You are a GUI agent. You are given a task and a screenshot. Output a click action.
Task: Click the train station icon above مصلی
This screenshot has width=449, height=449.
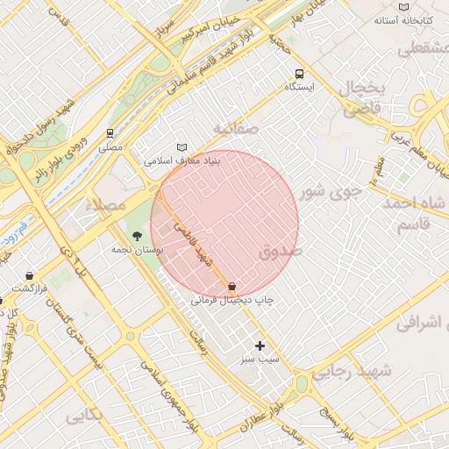pyautogui.click(x=110, y=134)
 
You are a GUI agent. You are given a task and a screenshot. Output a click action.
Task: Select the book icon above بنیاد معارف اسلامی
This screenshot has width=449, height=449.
pyautogui.click(x=182, y=147)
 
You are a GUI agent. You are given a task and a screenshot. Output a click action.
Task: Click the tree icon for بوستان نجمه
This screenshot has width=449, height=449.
pyautogui.click(x=137, y=235)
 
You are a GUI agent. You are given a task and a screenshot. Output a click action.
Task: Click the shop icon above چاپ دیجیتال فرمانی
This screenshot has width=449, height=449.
pyautogui.click(x=232, y=286)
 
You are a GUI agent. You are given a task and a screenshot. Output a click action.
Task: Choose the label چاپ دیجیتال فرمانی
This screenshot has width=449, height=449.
pyautogui.click(x=233, y=300)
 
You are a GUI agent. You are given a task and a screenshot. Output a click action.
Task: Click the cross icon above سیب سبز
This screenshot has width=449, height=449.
pyautogui.click(x=259, y=346)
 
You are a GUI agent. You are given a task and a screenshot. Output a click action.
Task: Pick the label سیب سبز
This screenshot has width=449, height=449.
pyautogui.click(x=260, y=360)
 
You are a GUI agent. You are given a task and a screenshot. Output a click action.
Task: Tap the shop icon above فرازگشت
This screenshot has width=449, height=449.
pyautogui.click(x=29, y=274)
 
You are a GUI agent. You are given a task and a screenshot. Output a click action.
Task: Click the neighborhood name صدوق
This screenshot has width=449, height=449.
pyautogui.click(x=281, y=253)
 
